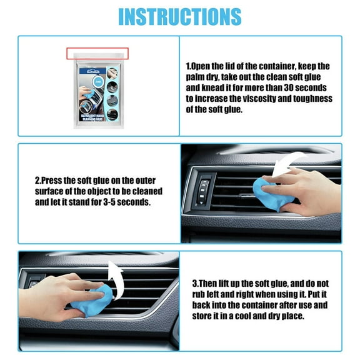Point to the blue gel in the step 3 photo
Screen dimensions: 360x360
pyautogui.click(x=104, y=300)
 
